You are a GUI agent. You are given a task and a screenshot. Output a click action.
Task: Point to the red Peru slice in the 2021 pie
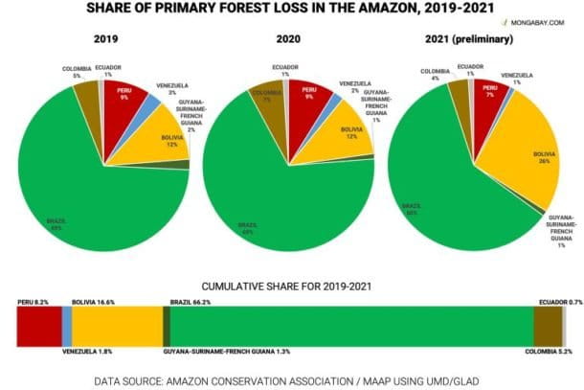pyautogui.click(x=487, y=96)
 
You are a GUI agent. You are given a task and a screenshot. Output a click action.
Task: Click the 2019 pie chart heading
pyautogui.click(x=106, y=41)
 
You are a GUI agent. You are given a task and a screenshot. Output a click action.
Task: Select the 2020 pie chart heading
pyautogui.click(x=288, y=41)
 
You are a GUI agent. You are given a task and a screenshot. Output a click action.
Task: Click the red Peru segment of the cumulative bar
pyautogui.click(x=39, y=326)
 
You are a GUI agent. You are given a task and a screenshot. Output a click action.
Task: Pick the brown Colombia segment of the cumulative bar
pyautogui.click(x=547, y=326)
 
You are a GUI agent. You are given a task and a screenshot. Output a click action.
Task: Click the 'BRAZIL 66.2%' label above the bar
pyautogui.click(x=190, y=301)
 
